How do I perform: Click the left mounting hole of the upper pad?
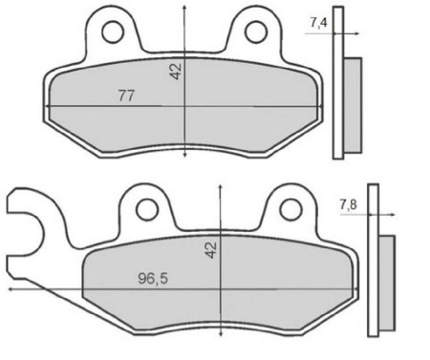[x=113, y=32]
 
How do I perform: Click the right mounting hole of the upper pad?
[x=256, y=32]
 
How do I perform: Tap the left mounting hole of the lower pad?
[x=147, y=209]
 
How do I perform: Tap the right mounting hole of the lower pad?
[x=290, y=209]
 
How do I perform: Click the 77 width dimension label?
[x=126, y=95]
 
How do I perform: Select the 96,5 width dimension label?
[x=153, y=279]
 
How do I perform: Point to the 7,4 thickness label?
[x=318, y=23]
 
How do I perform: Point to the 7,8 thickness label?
[x=349, y=204]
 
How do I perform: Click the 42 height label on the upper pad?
[x=176, y=72]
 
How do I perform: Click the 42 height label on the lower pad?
[x=211, y=249]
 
